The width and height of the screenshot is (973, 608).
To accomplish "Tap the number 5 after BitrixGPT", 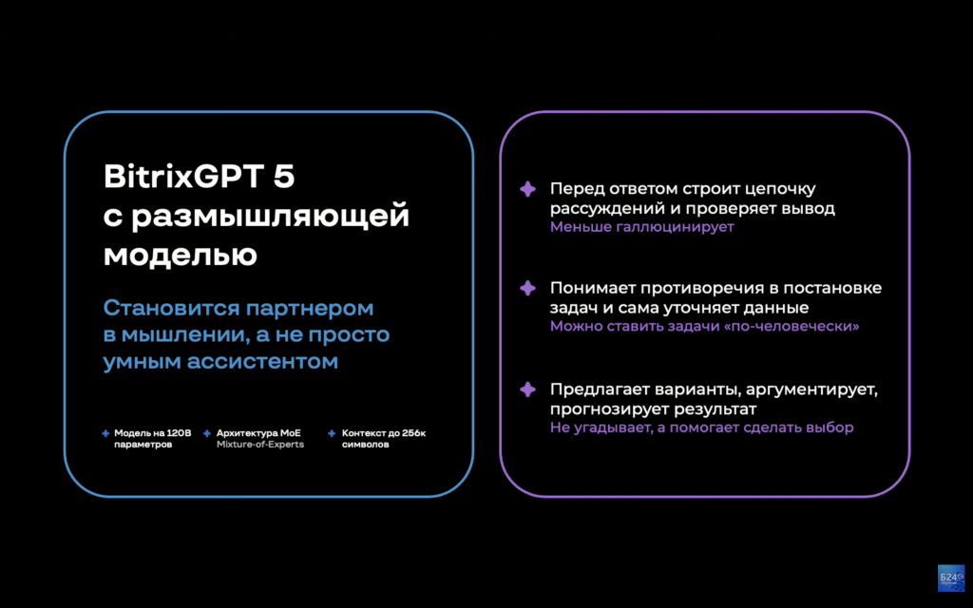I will pyautogui.click(x=298, y=178).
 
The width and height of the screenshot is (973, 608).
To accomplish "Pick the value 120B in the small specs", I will pyautogui.click(x=180, y=433).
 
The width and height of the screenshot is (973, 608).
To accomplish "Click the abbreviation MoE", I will pyautogui.click(x=291, y=433).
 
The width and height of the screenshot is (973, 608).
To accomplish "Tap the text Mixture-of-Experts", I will pyautogui.click(x=259, y=445).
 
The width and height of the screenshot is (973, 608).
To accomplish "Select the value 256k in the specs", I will pyautogui.click(x=413, y=433).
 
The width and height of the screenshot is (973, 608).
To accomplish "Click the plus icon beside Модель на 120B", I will pyautogui.click(x=105, y=433).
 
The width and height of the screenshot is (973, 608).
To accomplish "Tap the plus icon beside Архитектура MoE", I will pyautogui.click(x=207, y=433).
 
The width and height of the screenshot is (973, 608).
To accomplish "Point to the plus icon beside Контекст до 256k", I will pyautogui.click(x=332, y=433).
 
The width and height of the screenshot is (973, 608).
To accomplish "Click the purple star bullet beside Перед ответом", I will pyautogui.click(x=527, y=189).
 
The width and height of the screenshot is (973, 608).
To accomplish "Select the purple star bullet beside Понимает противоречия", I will pyautogui.click(x=527, y=288).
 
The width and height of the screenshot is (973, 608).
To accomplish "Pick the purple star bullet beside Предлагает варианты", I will pyautogui.click(x=527, y=389).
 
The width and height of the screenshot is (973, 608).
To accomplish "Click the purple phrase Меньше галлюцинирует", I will pyautogui.click(x=641, y=228).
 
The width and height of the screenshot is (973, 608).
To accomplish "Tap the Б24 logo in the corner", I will pyautogui.click(x=950, y=579).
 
